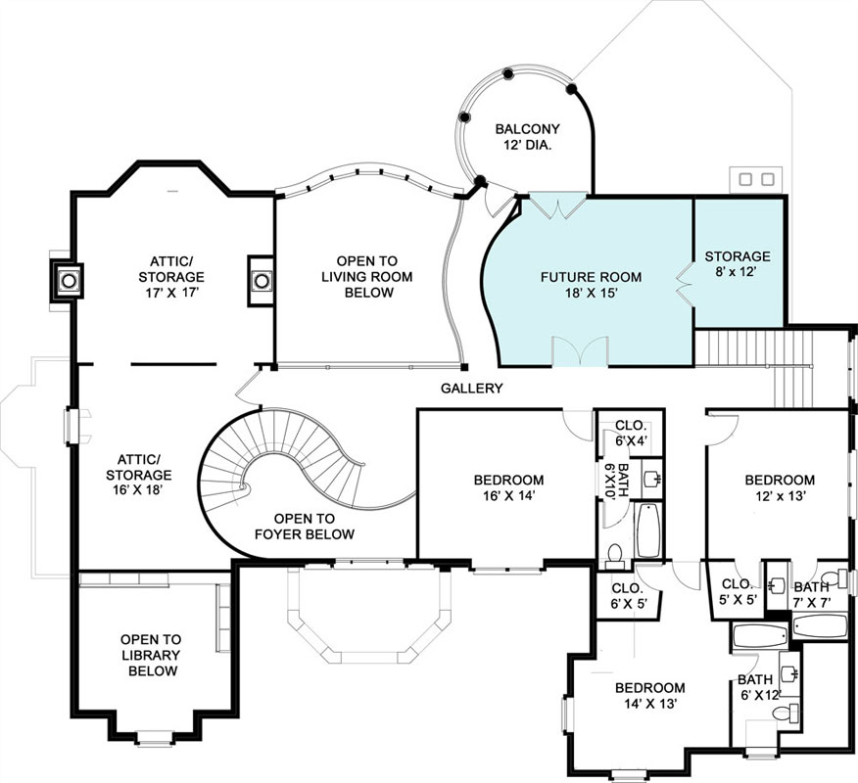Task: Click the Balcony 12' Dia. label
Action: point(528,137)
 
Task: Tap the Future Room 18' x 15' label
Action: point(591,285)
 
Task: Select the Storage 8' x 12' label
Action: point(738,263)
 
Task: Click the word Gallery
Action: point(472,389)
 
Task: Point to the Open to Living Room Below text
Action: point(366,277)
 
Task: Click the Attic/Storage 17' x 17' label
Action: point(171,277)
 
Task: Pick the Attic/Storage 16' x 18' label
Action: point(139,475)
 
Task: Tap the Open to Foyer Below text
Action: point(305,527)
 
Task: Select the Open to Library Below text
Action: point(151,655)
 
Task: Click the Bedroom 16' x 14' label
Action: point(509,487)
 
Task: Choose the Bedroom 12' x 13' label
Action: point(780,487)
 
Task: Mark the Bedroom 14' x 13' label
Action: point(650,696)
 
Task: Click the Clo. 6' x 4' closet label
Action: point(631,433)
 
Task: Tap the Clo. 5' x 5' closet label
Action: point(738,591)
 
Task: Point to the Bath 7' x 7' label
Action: point(812,595)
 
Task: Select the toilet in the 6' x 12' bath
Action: point(786,713)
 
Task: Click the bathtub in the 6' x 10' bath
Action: point(649,530)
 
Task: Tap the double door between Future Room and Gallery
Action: point(580,351)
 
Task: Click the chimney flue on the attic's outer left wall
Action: point(69,281)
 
